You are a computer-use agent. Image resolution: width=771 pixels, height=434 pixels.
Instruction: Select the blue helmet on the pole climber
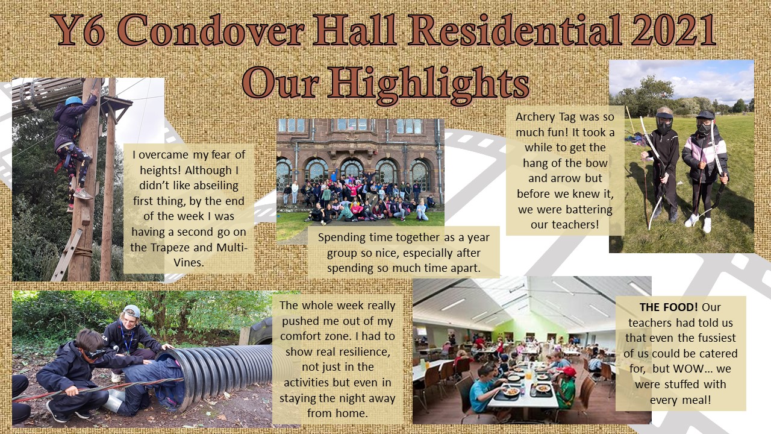click(x=74, y=101)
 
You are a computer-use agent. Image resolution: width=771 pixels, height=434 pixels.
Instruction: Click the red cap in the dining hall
click(x=569, y=371)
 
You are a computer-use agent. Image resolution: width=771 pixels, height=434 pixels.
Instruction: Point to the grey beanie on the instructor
click(x=131, y=310)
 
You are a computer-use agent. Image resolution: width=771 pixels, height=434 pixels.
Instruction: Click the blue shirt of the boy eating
click(x=481, y=395)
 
